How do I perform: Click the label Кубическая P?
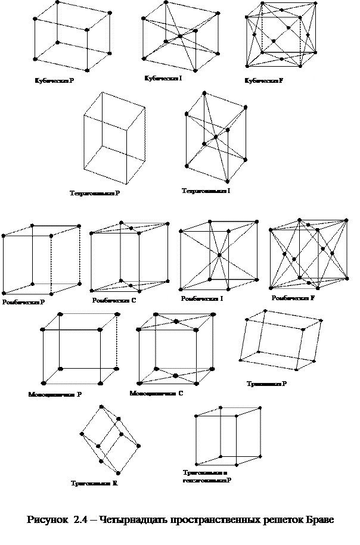55,80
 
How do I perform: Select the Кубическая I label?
163,79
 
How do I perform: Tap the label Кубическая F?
263,80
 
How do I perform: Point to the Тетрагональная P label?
95,194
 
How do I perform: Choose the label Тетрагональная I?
206,191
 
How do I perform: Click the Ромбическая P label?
24,303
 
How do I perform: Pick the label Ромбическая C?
115,300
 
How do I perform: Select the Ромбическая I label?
203,298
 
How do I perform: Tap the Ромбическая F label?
293,298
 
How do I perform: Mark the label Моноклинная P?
55,394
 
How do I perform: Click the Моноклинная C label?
157,394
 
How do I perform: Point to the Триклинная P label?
267,384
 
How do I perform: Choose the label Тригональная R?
94,483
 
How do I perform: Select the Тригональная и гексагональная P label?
207,477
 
